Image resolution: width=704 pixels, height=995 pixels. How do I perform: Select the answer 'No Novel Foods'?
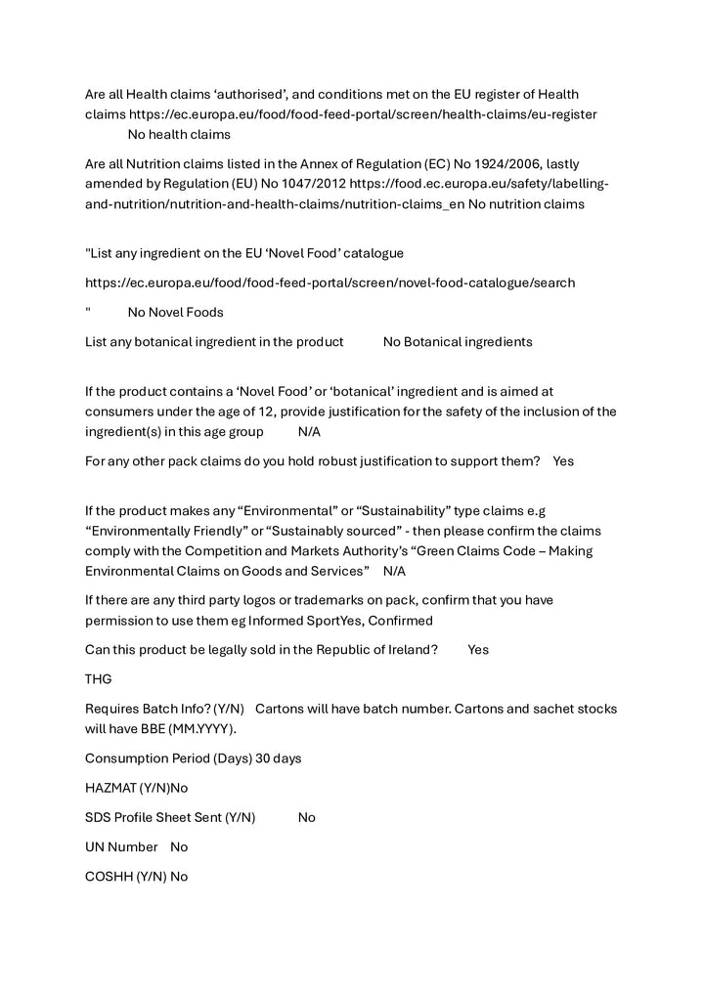(x=175, y=312)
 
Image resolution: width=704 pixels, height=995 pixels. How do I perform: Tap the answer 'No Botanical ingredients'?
(x=458, y=341)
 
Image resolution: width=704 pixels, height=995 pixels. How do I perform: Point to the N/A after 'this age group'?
(x=309, y=431)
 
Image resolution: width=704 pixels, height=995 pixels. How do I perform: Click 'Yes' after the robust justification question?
(x=563, y=460)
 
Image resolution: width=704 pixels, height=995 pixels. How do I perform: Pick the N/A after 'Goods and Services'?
(x=394, y=570)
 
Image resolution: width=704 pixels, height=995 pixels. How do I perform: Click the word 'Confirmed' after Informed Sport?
(x=399, y=620)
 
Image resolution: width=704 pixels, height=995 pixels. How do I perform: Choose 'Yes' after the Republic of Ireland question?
(x=478, y=649)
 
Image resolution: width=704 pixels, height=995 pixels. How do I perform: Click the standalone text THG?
(x=99, y=678)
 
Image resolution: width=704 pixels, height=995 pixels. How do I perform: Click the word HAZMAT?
(x=110, y=787)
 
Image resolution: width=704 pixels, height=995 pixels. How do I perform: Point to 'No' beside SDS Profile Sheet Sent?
(x=307, y=817)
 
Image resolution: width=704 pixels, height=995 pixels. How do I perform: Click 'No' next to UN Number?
(x=179, y=846)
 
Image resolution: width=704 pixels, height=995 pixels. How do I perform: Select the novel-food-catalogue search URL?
(x=330, y=282)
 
